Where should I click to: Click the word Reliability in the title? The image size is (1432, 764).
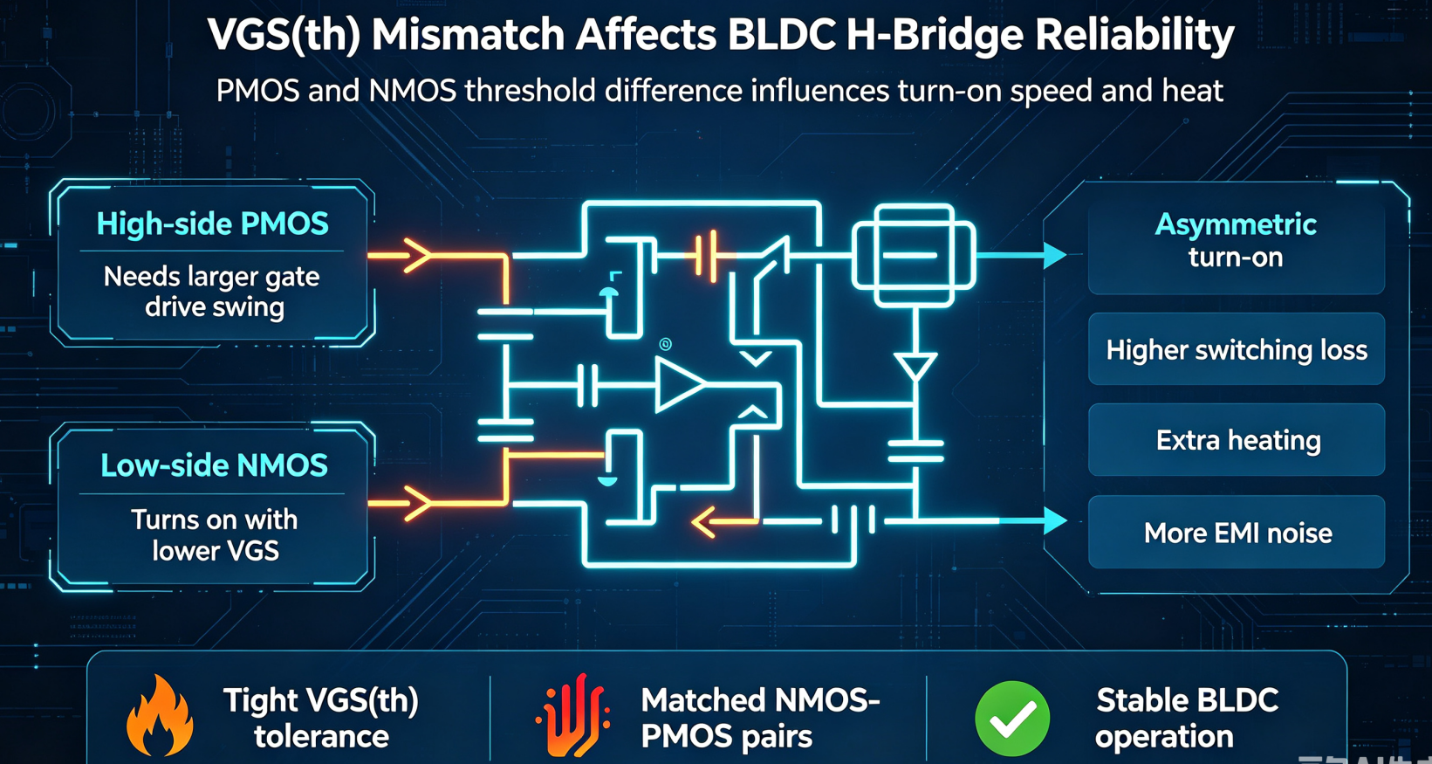pyautogui.click(x=1134, y=35)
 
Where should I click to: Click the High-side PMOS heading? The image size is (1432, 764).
pyautogui.click(x=213, y=224)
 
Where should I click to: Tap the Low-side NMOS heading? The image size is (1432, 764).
pyautogui.click(x=214, y=465)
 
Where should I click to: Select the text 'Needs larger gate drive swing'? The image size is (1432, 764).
pyautogui.click(x=212, y=292)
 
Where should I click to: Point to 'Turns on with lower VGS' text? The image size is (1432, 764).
pyautogui.click(x=215, y=535)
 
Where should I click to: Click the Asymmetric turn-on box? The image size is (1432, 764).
pyautogui.click(x=1237, y=249)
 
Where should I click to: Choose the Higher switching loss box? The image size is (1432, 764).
pyautogui.click(x=1237, y=349)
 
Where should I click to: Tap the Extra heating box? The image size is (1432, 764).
pyautogui.click(x=1237, y=440)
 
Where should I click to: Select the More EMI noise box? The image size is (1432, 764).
pyautogui.click(x=1237, y=532)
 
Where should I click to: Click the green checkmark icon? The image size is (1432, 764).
pyautogui.click(x=1012, y=719)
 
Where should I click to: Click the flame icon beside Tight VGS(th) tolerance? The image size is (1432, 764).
pyautogui.click(x=160, y=715)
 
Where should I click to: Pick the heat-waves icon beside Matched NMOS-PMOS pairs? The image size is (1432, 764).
pyautogui.click(x=572, y=715)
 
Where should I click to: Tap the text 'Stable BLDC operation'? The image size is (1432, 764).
pyautogui.click(x=1187, y=718)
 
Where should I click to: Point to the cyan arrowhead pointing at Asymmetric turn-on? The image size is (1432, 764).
pyautogui.click(x=1055, y=255)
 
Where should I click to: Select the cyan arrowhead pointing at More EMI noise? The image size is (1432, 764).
pyautogui.click(x=1055, y=520)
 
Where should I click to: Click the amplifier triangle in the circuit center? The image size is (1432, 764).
pyautogui.click(x=680, y=384)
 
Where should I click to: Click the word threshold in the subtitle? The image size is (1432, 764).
pyautogui.click(x=532, y=90)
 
